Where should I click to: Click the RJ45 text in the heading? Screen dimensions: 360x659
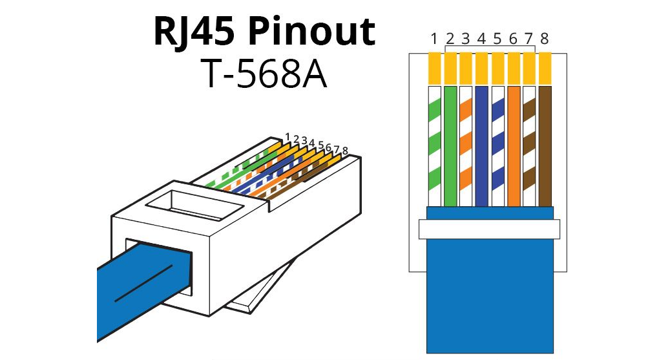click(191, 32)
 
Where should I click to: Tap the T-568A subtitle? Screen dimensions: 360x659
click(264, 74)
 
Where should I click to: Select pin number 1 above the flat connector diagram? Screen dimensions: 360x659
click(434, 39)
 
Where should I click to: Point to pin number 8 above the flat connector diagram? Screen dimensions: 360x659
click(544, 39)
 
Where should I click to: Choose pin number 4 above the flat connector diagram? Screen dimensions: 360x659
click(481, 39)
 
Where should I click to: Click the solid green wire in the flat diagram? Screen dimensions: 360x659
click(450, 145)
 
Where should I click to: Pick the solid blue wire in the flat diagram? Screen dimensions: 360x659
click(481, 145)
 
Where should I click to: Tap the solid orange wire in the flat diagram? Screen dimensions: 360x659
click(513, 145)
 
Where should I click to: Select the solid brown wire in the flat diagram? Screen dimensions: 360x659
click(545, 145)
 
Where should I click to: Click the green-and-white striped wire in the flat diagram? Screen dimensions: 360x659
click(434, 145)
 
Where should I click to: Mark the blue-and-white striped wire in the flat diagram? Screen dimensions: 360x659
click(497, 145)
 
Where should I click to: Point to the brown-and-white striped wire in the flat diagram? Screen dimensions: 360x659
click(528, 145)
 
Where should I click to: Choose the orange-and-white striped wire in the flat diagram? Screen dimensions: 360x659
click(466, 145)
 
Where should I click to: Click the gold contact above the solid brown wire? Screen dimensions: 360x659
click(545, 69)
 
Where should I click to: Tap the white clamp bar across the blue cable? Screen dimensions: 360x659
click(488, 229)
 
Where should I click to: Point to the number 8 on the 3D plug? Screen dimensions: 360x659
click(345, 151)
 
